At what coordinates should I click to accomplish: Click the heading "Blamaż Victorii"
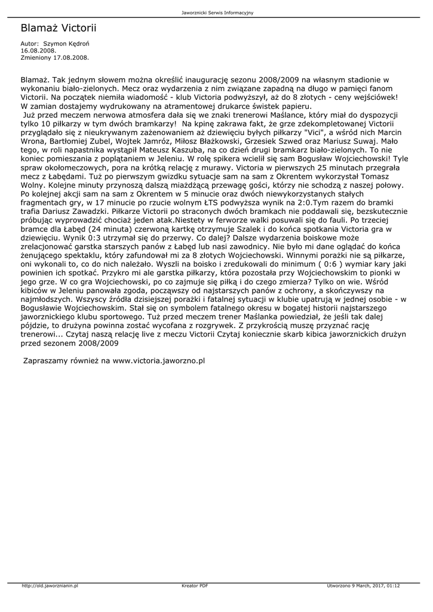click(x=59, y=27)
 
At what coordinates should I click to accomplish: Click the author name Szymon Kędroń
click(x=66, y=44)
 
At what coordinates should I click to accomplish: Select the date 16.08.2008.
click(x=34, y=51)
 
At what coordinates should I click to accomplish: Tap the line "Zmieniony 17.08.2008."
click(x=55, y=57)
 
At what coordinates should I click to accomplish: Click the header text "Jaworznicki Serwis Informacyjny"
click(x=216, y=13)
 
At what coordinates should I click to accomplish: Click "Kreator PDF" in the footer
click(x=195, y=586)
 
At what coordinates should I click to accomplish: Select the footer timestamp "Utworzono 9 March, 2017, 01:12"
click(x=363, y=586)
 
